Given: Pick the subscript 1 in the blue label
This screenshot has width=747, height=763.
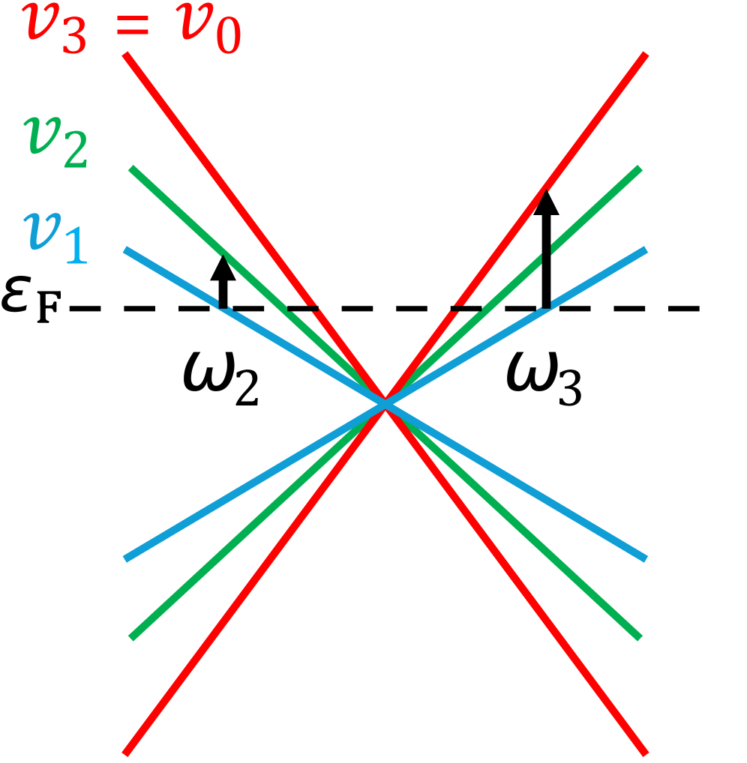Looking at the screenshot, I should [x=76, y=248].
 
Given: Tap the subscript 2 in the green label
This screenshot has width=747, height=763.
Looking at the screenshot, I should [x=76, y=153].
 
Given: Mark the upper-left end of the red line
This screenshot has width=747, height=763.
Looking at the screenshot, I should [x=127, y=55].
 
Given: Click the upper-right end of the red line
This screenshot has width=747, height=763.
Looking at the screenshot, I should [x=645, y=55].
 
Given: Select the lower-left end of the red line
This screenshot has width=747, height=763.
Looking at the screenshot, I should [x=126, y=752].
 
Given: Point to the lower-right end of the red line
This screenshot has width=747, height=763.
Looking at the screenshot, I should [x=645, y=752].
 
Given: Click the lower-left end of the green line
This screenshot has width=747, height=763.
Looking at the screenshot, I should [x=132, y=637].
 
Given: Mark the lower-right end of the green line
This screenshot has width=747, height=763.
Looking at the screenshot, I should [x=640, y=637].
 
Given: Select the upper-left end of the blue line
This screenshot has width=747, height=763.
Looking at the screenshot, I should [x=126, y=250].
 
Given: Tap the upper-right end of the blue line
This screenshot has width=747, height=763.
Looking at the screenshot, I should [x=645, y=250].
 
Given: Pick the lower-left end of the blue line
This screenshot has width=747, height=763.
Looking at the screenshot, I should [x=126, y=558].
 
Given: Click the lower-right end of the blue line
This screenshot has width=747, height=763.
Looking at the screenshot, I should [x=645, y=558].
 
